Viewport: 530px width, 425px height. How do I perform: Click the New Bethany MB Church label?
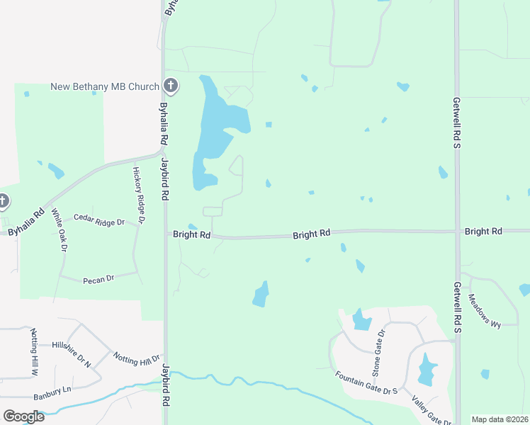pos(105,87)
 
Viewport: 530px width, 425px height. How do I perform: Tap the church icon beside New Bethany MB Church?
pos(170,86)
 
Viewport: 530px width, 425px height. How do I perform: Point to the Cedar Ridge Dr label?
pos(99,222)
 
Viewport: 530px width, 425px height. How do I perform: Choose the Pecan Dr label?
pos(98,280)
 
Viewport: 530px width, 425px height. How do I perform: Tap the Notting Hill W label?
pos(33,351)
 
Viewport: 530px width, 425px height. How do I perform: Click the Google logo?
pos(23,416)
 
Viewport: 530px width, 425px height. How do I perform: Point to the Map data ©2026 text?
pos(500,419)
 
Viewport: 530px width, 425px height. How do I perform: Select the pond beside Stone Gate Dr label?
pos(361,321)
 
